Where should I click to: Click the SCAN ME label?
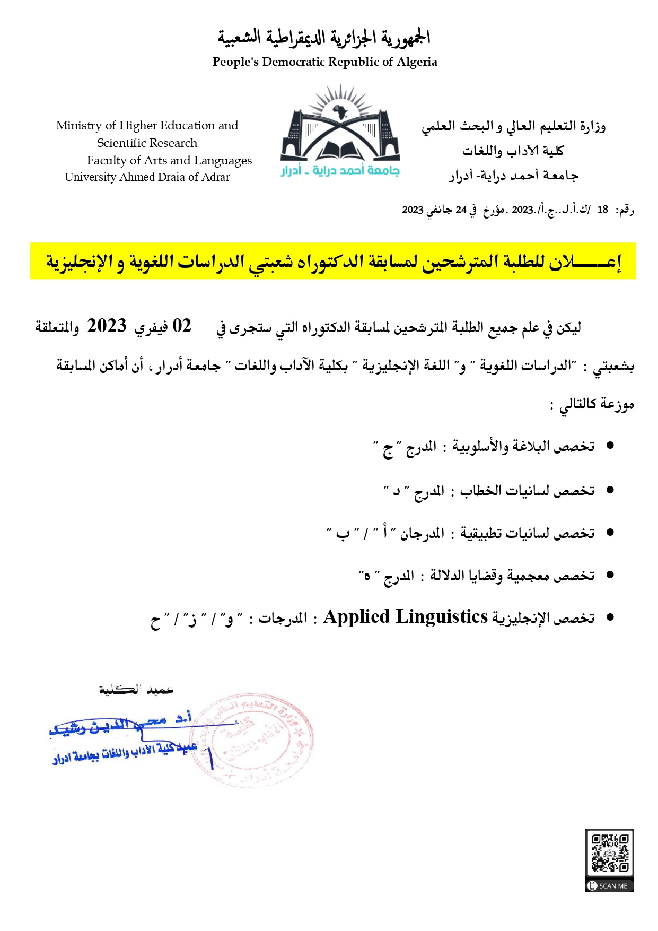pos(610,886)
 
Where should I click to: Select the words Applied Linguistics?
pos(406,617)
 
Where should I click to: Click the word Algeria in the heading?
pos(417,62)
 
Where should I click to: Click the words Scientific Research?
pos(147,143)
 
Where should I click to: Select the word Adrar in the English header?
pos(215,177)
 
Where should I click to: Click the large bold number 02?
pos(182,326)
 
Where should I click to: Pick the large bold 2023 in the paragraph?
pos(107,326)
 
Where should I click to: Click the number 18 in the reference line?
pos(602,210)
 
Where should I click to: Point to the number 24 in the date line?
pos(461,210)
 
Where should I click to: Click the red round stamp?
pos(255,740)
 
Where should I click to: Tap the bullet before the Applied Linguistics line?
pos(610,617)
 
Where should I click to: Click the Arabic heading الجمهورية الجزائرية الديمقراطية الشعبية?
pos(324,38)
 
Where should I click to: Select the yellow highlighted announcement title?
pos(332,261)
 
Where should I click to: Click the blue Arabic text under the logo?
pos(340,171)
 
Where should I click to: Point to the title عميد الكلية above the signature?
pos(136,690)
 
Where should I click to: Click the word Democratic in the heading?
pos(294,62)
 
